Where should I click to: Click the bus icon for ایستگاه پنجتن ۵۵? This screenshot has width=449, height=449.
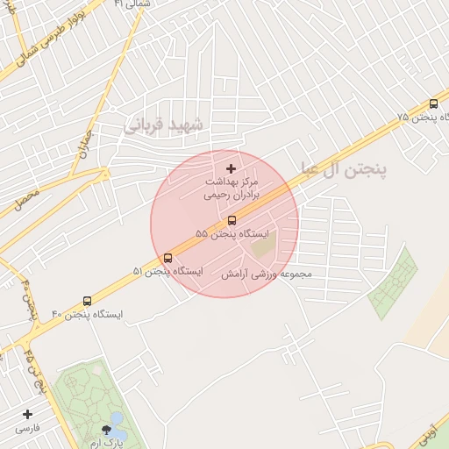(232, 220)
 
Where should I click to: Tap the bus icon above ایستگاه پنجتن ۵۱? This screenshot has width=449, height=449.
(167, 258)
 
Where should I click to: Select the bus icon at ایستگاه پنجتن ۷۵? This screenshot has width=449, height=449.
(434, 103)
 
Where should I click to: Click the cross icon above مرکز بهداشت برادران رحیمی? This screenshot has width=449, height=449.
(231, 168)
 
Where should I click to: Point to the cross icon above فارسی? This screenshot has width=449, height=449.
(27, 414)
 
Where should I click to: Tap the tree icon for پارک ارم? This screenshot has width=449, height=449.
(107, 430)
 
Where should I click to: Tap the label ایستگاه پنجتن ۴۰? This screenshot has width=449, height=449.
(88, 314)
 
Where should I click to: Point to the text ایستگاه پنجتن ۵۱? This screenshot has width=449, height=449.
(167, 272)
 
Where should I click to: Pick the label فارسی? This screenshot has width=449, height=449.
(27, 430)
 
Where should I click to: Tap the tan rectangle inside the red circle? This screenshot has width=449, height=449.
(263, 245)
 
